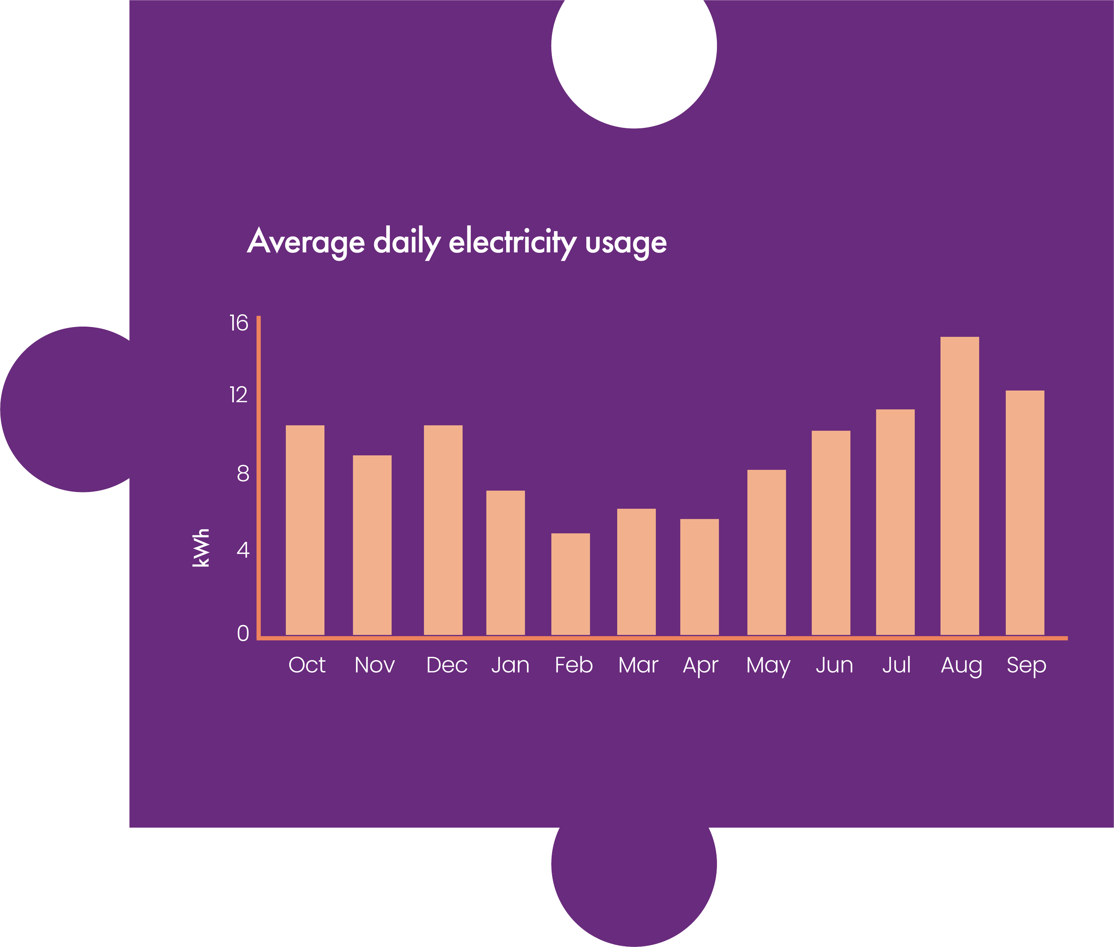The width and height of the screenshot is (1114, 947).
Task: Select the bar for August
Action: (x=959, y=486)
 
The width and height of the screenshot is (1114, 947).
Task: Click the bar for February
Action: (x=570, y=584)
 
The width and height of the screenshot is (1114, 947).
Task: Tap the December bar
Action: (x=443, y=530)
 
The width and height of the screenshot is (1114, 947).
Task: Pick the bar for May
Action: (x=766, y=553)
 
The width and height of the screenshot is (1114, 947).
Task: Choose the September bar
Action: (x=1024, y=512)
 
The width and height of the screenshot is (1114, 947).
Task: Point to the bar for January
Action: (x=505, y=562)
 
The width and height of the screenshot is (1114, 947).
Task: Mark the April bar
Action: (x=699, y=577)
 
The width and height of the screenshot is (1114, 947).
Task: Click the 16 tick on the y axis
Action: (x=238, y=323)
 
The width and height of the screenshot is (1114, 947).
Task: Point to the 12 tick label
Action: (x=238, y=395)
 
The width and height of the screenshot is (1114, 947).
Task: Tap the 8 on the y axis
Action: (x=243, y=473)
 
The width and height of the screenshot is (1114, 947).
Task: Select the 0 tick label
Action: (x=243, y=633)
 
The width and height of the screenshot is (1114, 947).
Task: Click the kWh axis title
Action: (x=201, y=548)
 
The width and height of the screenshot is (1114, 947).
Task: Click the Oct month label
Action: (x=307, y=665)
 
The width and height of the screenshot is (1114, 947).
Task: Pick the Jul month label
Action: (x=896, y=665)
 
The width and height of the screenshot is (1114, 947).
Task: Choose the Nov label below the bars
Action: (x=374, y=665)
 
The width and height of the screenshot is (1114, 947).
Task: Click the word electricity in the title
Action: (x=512, y=242)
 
